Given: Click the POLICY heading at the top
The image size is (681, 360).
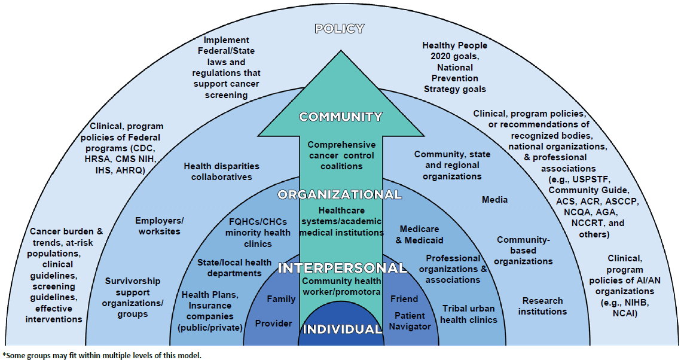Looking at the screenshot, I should pos(339,29).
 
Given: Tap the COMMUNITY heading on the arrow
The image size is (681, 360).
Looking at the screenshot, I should pos(340,117).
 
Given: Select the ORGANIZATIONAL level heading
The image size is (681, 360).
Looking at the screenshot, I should pos(340,195).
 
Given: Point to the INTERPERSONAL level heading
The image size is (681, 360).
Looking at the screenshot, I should pos(342,267).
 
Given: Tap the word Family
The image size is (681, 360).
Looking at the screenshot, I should pos(281,298).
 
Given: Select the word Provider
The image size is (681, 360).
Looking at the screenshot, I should pos(274,324).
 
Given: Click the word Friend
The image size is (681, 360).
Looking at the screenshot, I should pos(404,298).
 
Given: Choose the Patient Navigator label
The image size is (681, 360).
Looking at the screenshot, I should pos(410,321).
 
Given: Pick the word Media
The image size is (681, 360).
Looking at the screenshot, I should pos(494,200).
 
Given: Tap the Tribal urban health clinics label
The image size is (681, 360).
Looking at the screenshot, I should pos(469,314).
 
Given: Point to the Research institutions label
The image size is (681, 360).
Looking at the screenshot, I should pos(542,306).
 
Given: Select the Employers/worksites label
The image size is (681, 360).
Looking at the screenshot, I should pos(159,225).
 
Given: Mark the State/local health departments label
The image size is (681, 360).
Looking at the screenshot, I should pos(234,267).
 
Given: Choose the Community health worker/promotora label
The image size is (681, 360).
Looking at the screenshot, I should pos(341,286).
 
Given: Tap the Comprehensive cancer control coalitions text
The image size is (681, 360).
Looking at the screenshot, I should pos(341,155).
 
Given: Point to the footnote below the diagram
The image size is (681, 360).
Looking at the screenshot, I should pos(102,355).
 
